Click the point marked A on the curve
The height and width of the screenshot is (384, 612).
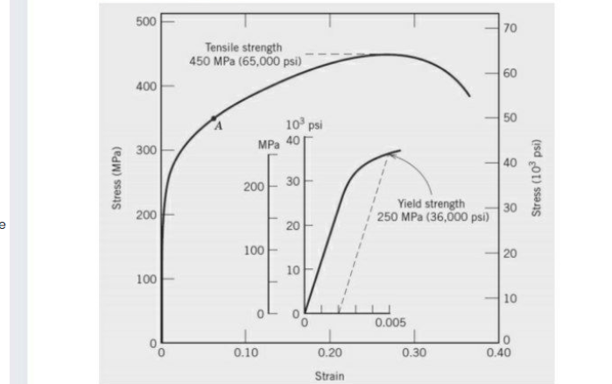tap(213, 117)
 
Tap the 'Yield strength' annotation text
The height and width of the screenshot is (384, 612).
tap(425, 203)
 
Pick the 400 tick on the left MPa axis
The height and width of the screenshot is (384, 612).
tap(141, 86)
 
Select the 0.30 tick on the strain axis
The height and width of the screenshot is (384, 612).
tap(415, 352)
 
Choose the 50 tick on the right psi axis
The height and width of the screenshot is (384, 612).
tap(511, 118)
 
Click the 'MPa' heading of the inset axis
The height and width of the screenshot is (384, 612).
tap(269, 143)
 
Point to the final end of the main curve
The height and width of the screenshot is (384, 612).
tap(469, 95)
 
